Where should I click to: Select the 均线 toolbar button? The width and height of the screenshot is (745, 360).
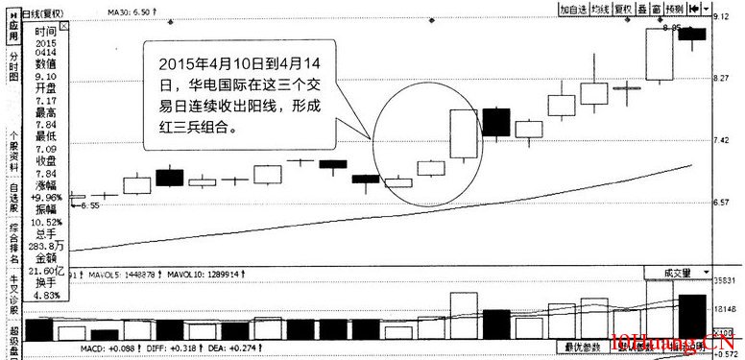coord(601,9)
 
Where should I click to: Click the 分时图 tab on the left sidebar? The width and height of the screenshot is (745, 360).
coord(13,71)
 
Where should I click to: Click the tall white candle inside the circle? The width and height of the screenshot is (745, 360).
coord(465,133)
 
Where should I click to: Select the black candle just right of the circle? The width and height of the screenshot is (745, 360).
coord(496,122)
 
